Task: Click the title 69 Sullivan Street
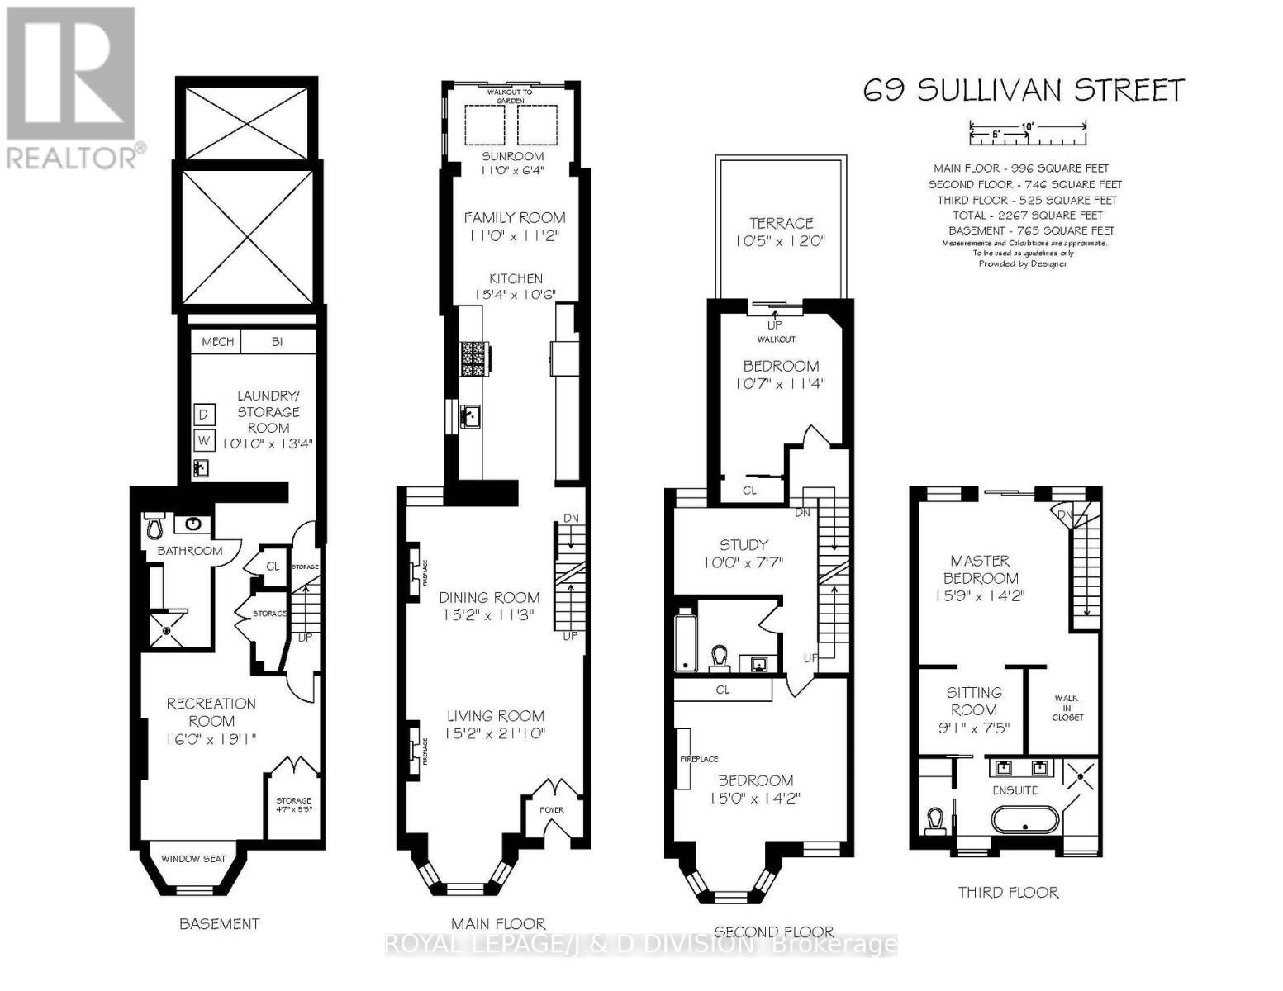click(1024, 89)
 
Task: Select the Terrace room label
click(781, 223)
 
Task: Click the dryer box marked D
click(203, 414)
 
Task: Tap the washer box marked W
click(203, 440)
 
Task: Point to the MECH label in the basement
click(217, 341)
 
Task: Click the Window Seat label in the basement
click(192, 858)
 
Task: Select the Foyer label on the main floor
click(551, 809)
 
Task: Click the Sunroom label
click(513, 156)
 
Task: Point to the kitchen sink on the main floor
click(470, 416)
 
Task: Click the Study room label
click(744, 545)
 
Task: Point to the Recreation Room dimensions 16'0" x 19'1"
click(211, 738)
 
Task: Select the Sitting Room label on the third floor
click(974, 701)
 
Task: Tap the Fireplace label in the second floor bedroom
click(699, 759)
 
